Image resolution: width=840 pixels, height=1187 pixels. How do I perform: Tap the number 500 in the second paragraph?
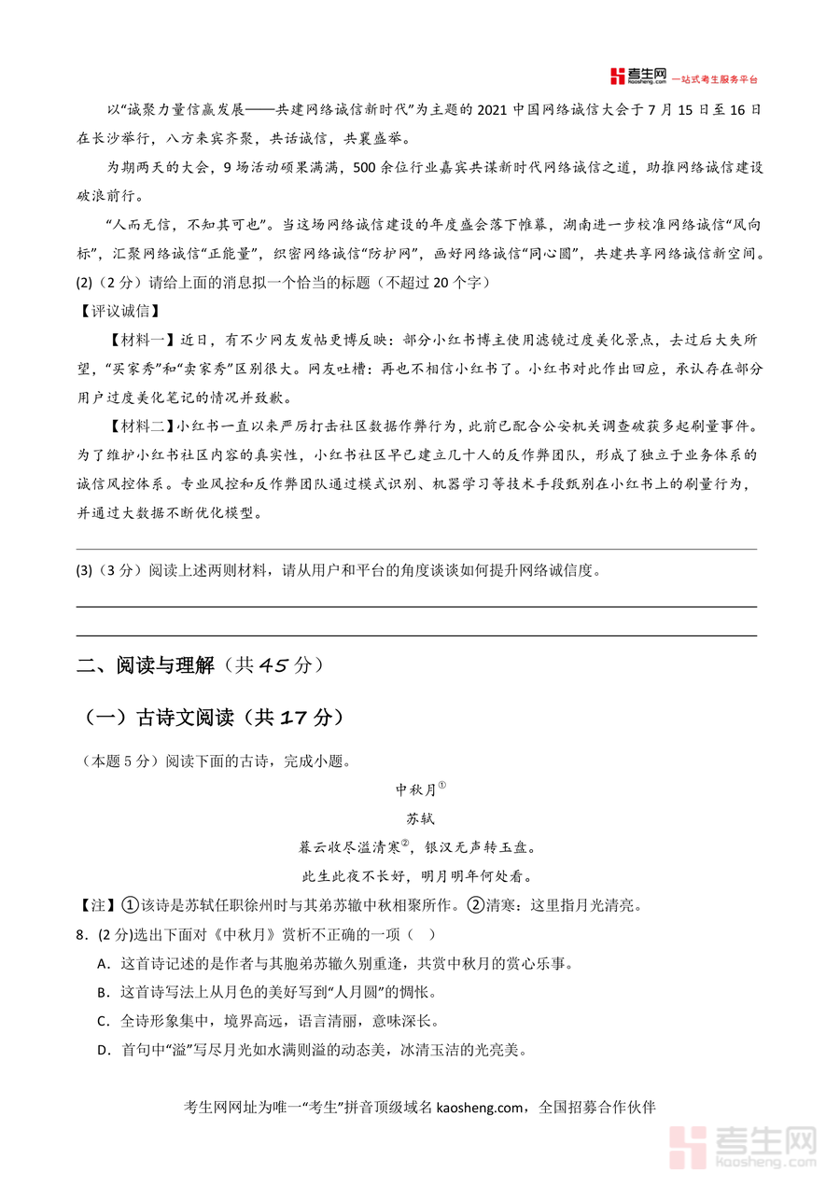pos(371,168)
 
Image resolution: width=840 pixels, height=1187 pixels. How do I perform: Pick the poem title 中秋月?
pos(415,789)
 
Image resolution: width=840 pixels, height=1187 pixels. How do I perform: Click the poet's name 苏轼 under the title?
pos(420,818)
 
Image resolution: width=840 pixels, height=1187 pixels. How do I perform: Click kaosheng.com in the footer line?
pos(482,1108)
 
